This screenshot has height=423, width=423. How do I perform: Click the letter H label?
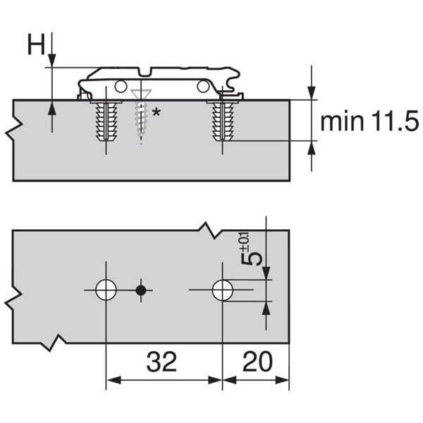coord(36,45)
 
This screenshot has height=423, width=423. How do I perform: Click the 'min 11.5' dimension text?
coord(369,121)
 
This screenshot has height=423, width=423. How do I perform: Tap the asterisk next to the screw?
coord(156,112)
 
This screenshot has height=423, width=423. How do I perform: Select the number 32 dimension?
coord(161,362)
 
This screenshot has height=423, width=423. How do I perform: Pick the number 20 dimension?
coord(257,362)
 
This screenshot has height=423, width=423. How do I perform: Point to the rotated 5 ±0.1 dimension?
coord(250,250)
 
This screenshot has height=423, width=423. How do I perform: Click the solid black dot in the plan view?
coord(141,290)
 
